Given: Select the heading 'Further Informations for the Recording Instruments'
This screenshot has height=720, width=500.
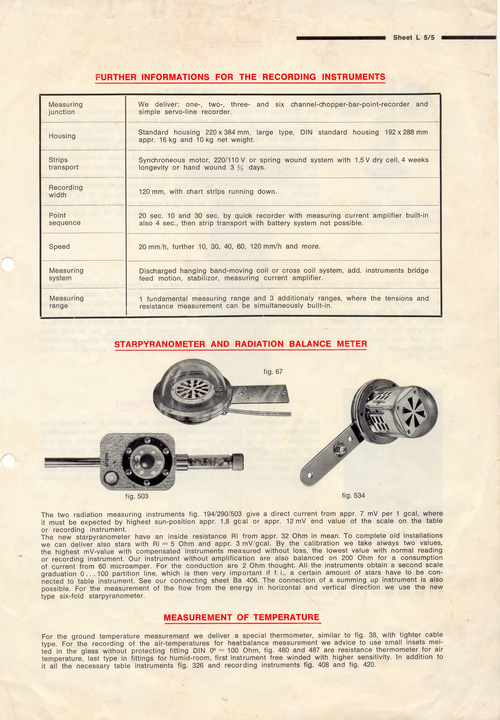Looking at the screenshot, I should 240,77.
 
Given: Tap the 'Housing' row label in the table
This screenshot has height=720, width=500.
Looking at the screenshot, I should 62,136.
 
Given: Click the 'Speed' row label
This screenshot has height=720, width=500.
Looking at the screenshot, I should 59,247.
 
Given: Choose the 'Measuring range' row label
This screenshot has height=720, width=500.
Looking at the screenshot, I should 66,302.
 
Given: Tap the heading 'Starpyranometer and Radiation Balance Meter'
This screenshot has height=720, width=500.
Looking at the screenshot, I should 240,344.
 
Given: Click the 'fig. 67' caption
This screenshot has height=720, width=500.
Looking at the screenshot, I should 273,372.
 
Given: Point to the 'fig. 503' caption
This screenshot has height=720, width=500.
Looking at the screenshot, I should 137,496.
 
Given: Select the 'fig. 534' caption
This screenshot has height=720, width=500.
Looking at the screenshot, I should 353,495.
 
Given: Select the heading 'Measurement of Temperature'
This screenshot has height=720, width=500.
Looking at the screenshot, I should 241,617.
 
